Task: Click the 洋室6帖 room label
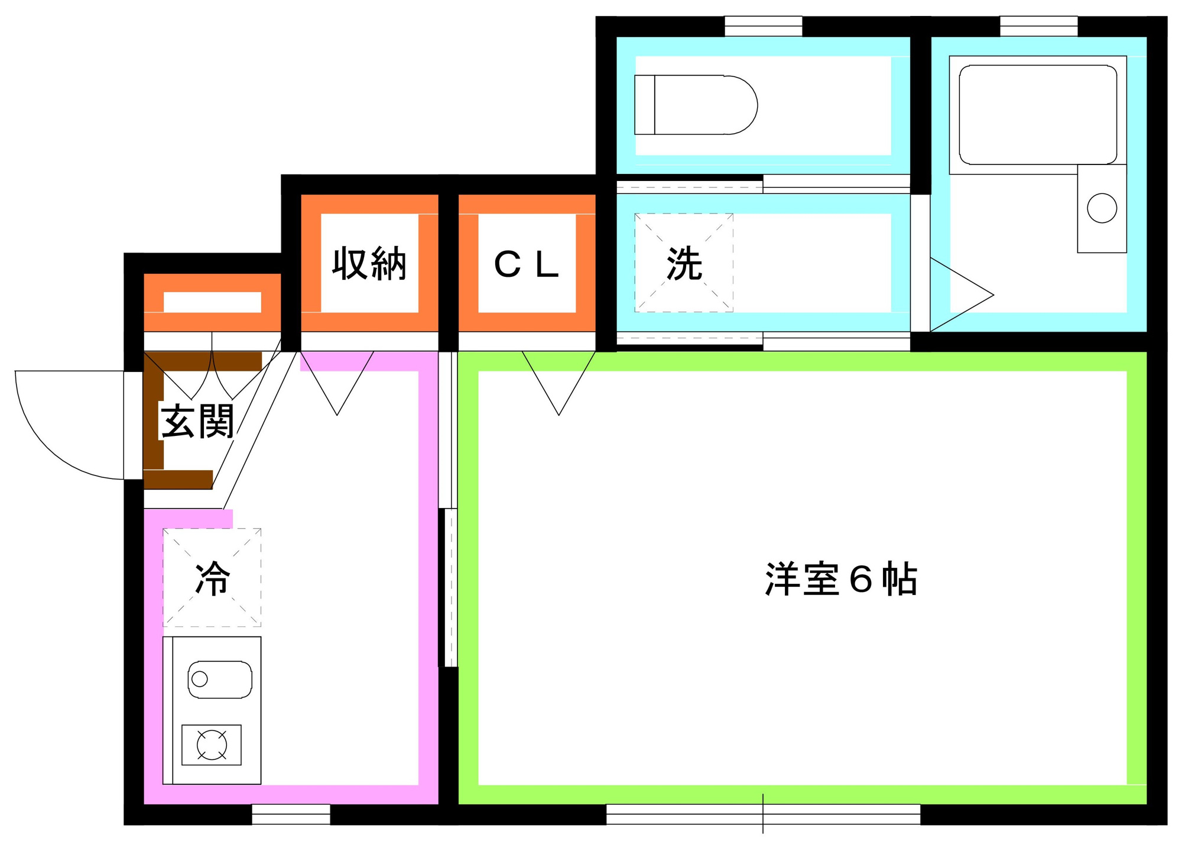(x=841, y=579)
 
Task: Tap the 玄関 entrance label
(x=197, y=421)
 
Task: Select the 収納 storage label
(x=369, y=263)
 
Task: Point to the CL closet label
(x=526, y=264)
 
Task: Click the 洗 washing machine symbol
(x=684, y=263)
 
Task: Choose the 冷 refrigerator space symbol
(x=212, y=578)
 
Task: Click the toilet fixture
(x=696, y=105)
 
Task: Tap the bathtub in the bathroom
(x=1038, y=115)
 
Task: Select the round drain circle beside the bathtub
(x=1102, y=208)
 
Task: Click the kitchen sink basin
(x=220, y=680)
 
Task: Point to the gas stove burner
(x=212, y=745)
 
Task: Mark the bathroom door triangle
(x=962, y=295)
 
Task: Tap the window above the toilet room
(x=763, y=26)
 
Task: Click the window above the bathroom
(x=1038, y=26)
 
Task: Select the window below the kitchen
(x=291, y=814)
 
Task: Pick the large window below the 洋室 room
(x=763, y=814)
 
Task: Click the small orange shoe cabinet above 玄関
(x=212, y=302)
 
